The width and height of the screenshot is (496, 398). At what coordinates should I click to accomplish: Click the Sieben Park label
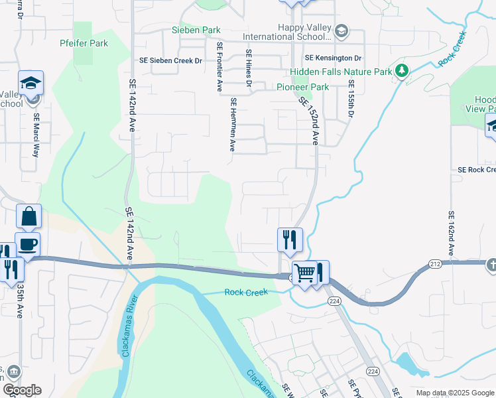tap(196, 31)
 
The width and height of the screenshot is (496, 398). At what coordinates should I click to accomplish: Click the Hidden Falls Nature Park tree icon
tap(401, 70)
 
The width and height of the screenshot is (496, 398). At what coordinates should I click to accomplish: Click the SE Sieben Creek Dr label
tap(170, 60)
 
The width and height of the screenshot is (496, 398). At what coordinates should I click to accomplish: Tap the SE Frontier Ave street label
tap(218, 67)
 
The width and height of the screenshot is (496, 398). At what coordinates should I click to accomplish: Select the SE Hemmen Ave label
tap(233, 125)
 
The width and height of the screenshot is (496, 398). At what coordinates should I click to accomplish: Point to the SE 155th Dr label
tap(351, 100)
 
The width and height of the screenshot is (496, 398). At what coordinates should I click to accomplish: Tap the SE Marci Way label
tap(36, 135)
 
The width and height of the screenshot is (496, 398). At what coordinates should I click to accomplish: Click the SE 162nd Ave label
tap(451, 234)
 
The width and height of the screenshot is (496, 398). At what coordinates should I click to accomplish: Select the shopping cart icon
tap(304, 271)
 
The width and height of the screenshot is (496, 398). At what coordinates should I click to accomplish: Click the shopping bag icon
tap(29, 216)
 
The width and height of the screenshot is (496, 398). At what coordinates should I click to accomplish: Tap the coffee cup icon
tap(27, 244)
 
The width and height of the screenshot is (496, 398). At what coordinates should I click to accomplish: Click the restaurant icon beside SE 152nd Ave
tap(290, 239)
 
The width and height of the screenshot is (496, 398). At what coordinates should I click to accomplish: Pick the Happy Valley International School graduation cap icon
tap(341, 31)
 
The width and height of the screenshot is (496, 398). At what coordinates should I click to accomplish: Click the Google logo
tap(22, 390)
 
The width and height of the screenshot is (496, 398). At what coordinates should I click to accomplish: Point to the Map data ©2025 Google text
tap(454, 393)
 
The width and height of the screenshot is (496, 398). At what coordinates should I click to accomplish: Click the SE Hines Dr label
tap(249, 68)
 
